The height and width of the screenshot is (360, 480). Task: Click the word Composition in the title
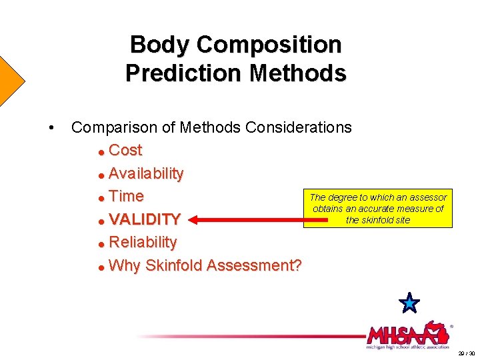pos(269,45)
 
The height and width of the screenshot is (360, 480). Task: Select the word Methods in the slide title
pos(298,73)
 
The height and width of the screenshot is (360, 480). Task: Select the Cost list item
pos(125,150)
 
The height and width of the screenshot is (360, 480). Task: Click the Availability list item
pos(146,173)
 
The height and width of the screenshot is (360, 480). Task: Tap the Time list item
pos(126,196)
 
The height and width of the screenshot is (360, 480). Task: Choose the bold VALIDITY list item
pos(145,219)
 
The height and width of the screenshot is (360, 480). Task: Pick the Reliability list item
pos(143,242)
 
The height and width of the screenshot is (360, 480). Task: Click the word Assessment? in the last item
pos(254,265)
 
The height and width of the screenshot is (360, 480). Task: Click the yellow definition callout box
pos(378,209)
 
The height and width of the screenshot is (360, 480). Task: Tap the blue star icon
pos(409,303)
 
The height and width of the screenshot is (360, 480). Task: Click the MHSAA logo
pos(407,334)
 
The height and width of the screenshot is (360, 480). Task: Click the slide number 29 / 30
pos(467,353)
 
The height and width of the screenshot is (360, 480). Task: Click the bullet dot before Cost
pos(101,151)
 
